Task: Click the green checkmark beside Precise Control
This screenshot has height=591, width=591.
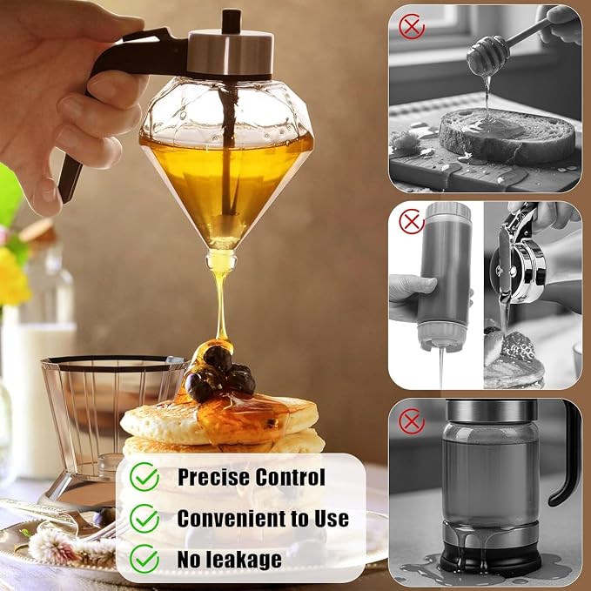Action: click(x=144, y=477)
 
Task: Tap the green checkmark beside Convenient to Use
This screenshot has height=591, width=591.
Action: click(x=144, y=518)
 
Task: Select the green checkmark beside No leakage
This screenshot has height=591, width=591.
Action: click(x=144, y=559)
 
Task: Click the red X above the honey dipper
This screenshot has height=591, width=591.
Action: click(x=412, y=26)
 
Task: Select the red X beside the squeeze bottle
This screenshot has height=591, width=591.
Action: click(x=412, y=221)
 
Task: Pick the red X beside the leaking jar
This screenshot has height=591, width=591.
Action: click(x=412, y=420)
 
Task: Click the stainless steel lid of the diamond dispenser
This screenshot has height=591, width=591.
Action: click(x=231, y=53)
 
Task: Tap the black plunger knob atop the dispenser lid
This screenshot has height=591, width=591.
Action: click(x=231, y=21)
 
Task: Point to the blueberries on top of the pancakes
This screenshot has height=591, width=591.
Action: click(x=219, y=375)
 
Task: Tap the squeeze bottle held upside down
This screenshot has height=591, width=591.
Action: click(x=446, y=276)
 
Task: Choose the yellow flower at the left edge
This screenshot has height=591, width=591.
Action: click(x=13, y=277)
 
